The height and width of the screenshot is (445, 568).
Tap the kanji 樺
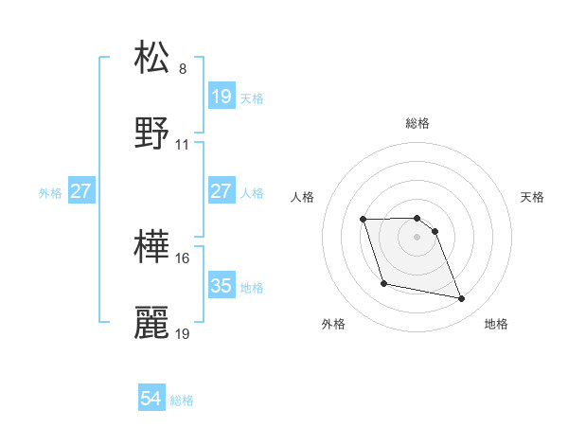tap(152, 245)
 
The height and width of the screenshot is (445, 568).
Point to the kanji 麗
tap(152, 323)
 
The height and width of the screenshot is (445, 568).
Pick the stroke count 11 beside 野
tap(183, 145)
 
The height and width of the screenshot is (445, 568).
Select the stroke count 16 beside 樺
tap(183, 258)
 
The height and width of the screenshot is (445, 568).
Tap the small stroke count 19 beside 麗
tap(183, 334)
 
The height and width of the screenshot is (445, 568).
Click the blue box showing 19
tap(221, 96)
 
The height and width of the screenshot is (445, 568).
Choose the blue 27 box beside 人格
tap(221, 190)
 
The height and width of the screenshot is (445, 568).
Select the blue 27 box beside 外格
tap(80, 190)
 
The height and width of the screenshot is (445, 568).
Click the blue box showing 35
tap(221, 285)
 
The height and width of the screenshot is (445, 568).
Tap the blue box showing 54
tap(151, 399)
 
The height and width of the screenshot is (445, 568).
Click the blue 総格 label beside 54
tap(182, 400)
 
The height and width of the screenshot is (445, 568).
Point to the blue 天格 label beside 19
tap(252, 98)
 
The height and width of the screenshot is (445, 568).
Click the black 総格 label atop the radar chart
tap(417, 123)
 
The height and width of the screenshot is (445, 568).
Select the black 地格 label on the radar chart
tap(496, 324)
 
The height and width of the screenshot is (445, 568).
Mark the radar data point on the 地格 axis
tap(462, 299)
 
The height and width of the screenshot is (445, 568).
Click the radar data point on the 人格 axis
tap(364, 220)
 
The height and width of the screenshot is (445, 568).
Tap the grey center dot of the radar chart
tap(417, 237)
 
